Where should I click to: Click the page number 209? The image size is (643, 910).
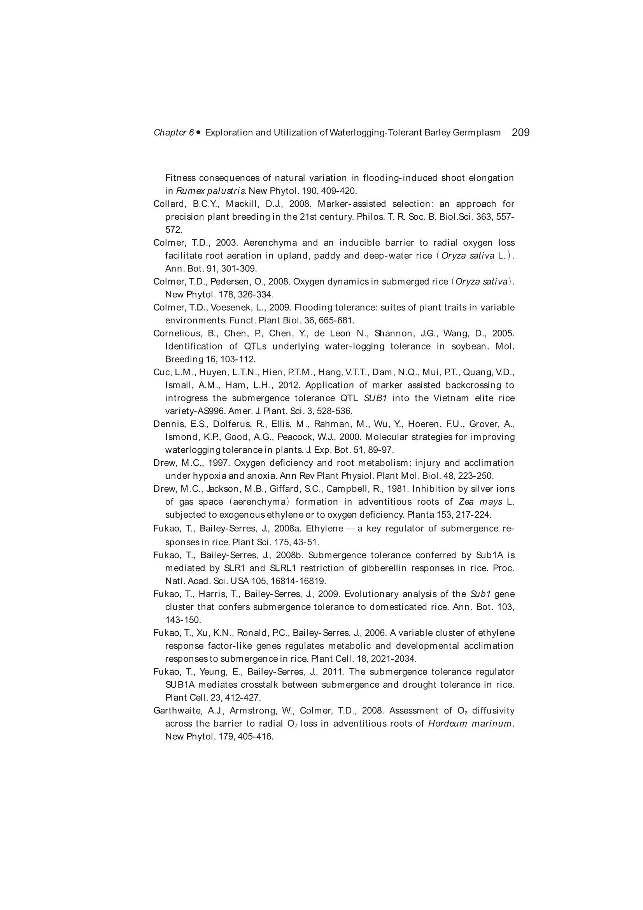(520, 132)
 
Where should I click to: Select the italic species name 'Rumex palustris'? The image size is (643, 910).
(211, 191)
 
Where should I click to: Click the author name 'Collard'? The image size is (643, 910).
(169, 204)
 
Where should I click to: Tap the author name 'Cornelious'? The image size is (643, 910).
(176, 333)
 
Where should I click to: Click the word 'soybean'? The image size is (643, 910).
(468, 346)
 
